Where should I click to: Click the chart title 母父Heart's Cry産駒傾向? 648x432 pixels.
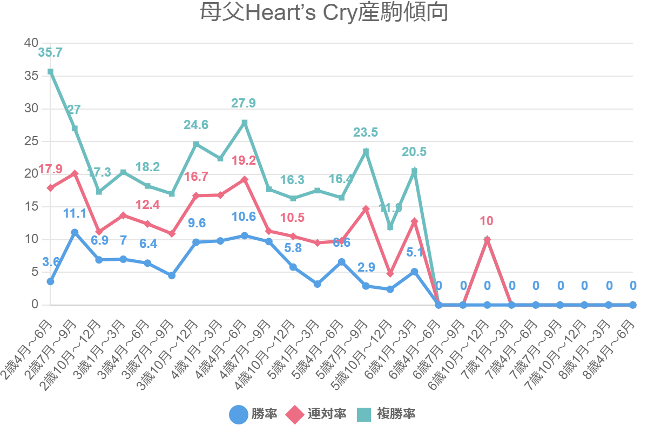(324, 13)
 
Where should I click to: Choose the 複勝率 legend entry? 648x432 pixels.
(386, 414)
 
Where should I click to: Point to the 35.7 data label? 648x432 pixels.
(50, 53)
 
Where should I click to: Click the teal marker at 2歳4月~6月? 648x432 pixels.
(50, 71)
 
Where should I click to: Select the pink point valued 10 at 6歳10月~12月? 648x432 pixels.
(487, 239)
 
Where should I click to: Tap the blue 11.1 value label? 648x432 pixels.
(75, 213)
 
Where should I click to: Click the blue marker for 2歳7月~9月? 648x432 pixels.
(75, 232)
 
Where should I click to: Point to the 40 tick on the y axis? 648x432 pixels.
(31, 43)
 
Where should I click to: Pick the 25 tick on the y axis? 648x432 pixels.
(31, 141)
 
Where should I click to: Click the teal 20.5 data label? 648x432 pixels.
(414, 152)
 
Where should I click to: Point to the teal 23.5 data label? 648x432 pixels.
(366, 133)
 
